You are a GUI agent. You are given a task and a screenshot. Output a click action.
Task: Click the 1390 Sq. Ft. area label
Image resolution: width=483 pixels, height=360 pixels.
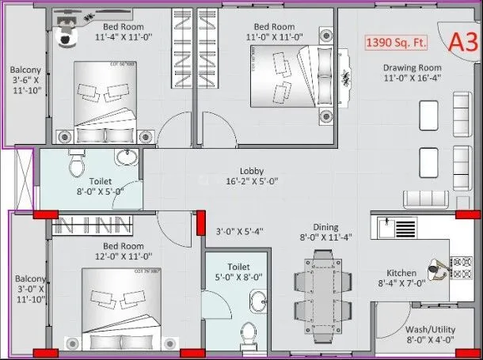tap(397, 42)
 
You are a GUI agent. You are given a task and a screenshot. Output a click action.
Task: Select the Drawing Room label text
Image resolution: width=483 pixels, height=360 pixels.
tap(412, 68)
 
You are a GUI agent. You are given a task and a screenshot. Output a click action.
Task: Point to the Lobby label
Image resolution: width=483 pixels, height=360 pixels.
tap(253, 171)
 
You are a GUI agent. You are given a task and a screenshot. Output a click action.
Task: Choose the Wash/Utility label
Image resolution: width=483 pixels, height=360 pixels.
tap(428, 329)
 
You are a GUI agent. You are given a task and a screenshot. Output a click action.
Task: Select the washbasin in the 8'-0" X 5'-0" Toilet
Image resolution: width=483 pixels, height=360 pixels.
tap(125, 157)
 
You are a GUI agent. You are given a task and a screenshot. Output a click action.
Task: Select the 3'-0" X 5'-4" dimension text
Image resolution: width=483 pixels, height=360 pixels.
tap(240, 232)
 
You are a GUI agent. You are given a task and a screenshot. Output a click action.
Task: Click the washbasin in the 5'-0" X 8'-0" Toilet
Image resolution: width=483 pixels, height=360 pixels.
tap(260, 300)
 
